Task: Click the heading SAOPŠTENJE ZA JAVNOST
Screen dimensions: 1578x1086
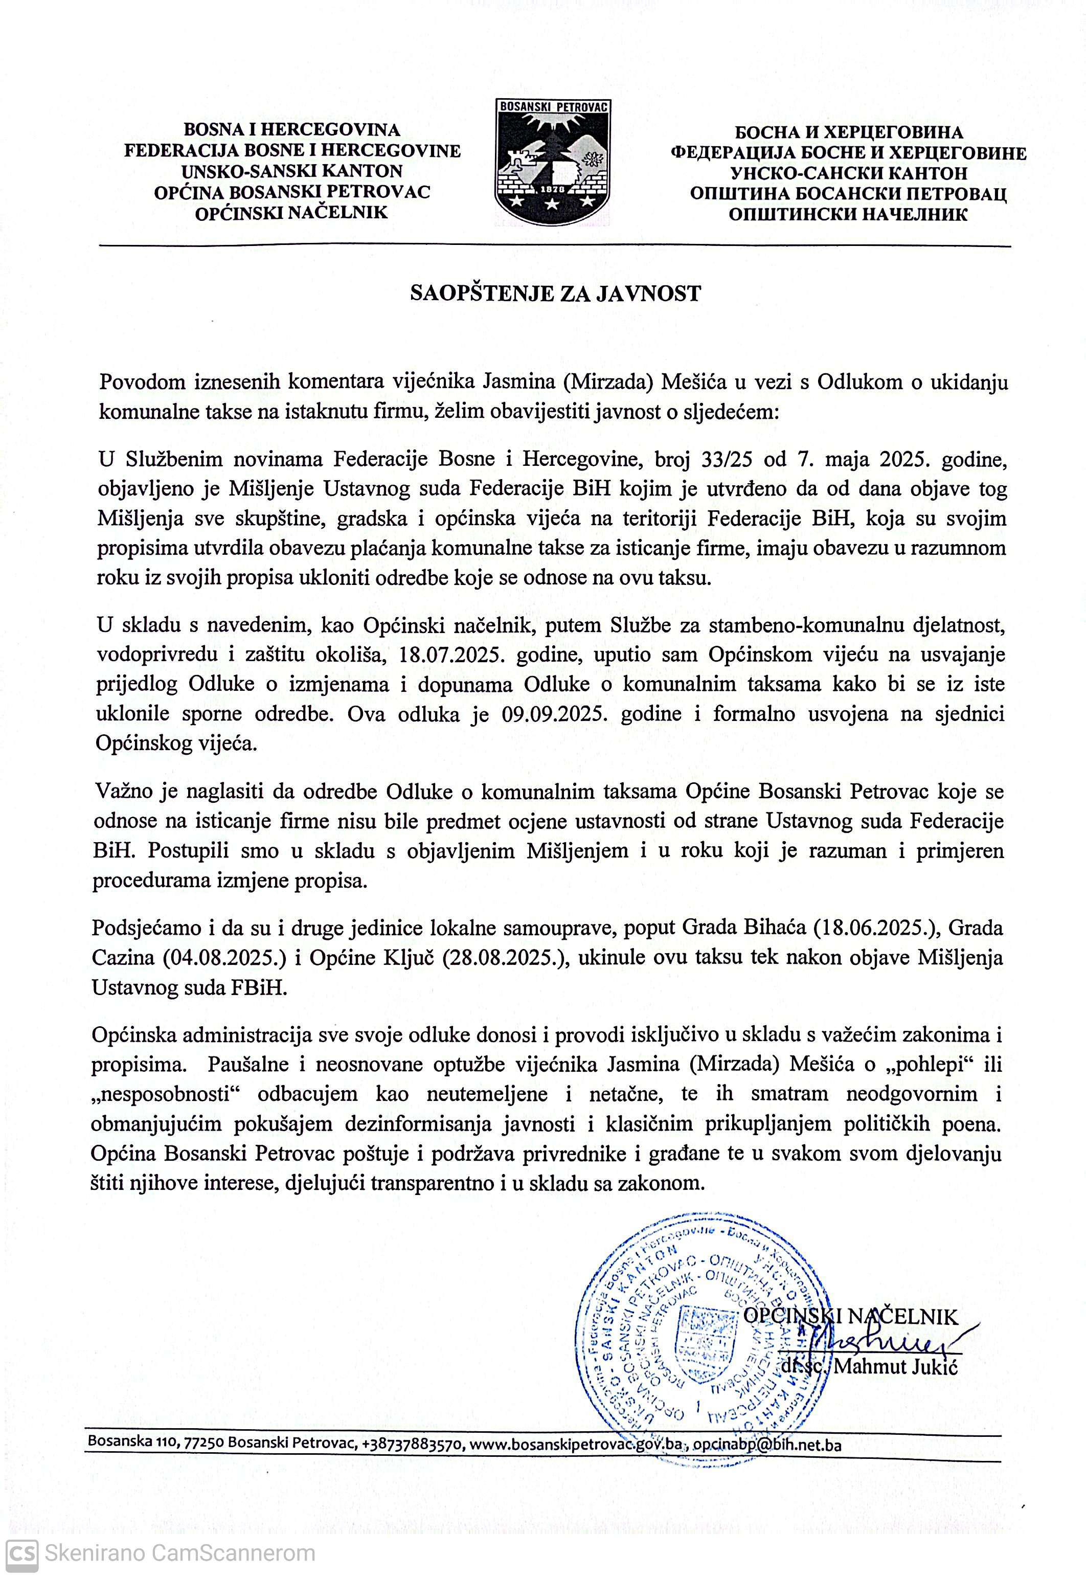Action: (555, 294)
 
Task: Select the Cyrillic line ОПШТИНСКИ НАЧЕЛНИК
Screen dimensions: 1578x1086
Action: (847, 214)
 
